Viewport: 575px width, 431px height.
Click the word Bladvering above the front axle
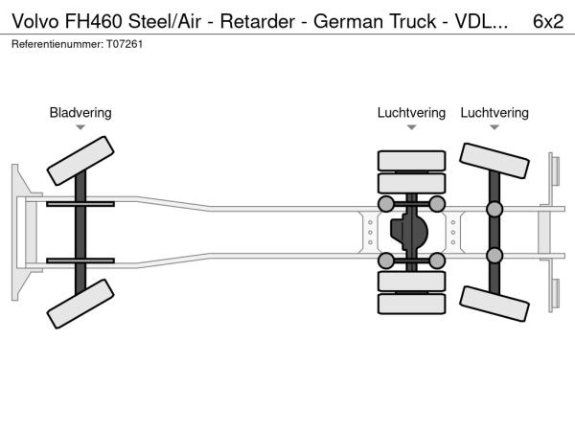click(80, 113)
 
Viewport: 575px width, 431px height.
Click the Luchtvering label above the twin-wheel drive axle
click(411, 113)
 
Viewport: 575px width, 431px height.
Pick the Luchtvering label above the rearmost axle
click(494, 113)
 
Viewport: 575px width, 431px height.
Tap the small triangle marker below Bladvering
click(80, 127)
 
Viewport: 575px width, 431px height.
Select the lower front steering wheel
click(80, 305)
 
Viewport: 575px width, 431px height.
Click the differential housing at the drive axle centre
click(411, 232)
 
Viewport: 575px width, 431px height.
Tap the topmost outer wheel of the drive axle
click(411, 160)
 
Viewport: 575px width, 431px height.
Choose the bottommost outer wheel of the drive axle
click(411, 304)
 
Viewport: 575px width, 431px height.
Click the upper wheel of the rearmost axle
click(494, 161)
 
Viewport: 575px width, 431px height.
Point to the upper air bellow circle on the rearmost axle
click(494, 209)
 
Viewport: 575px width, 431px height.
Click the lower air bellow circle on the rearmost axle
click(494, 255)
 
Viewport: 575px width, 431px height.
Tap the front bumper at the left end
click(20, 232)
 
